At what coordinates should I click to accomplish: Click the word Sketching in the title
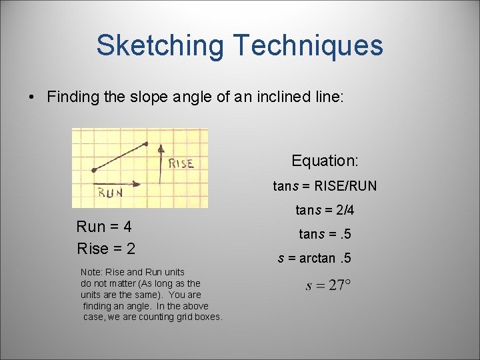tap(160, 45)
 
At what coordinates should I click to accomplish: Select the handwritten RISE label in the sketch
tap(181, 163)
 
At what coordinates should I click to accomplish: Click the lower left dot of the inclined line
tap(93, 170)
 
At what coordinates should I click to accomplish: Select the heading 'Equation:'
tap(325, 161)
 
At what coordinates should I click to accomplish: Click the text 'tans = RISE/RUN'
tap(325, 186)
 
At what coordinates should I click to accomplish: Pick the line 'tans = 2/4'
tap(325, 211)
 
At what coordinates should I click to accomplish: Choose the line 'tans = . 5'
tap(325, 234)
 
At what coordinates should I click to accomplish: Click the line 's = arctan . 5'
tap(314, 258)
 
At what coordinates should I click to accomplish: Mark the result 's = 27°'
tap(328, 285)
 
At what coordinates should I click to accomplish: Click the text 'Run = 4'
tap(104, 227)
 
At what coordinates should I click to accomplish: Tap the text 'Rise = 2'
tap(106, 249)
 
